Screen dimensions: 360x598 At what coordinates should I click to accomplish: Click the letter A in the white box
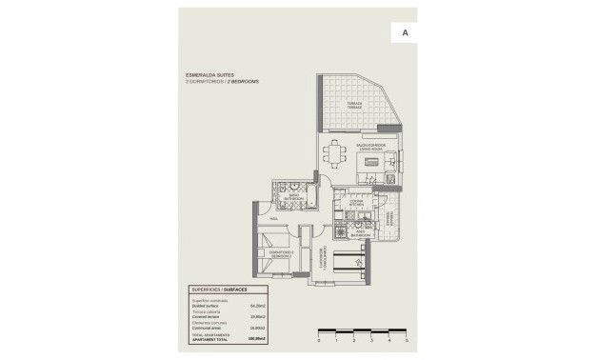(x=405, y=32)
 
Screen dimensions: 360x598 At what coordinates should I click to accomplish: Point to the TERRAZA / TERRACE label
(x=354, y=105)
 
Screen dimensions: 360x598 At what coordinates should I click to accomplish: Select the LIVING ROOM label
(x=369, y=149)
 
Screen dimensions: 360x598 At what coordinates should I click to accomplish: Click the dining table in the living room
(x=334, y=152)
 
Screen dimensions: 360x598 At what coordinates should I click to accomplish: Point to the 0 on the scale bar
(x=318, y=340)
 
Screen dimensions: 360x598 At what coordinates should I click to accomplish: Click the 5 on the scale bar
(x=407, y=340)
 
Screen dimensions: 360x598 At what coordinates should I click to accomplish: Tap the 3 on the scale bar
(x=371, y=340)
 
